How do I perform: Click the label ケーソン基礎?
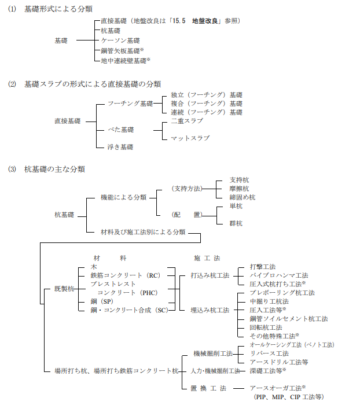coord(120,41)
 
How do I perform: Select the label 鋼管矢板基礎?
coord(120,51)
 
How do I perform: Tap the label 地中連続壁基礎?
coord(123,61)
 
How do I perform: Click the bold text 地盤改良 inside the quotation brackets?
coord(205,21)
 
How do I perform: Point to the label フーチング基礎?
coord(130,104)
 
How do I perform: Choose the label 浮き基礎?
coord(120,147)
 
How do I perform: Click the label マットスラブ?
coord(190,138)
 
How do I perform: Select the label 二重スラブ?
coord(187,121)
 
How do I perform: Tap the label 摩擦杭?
coord(239,189)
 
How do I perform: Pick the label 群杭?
coord(236,223)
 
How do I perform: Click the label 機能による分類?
coord(123,198)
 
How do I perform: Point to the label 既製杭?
coord(64,289)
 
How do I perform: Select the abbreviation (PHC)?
coord(149,293)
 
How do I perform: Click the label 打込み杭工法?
coord(210,275)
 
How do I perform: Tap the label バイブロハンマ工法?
coord(279,275)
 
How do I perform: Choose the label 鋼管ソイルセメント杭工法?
coord(289,319)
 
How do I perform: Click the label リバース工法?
coord(269,354)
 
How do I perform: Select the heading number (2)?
coord(12,84)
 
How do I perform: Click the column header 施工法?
coord(207,258)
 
